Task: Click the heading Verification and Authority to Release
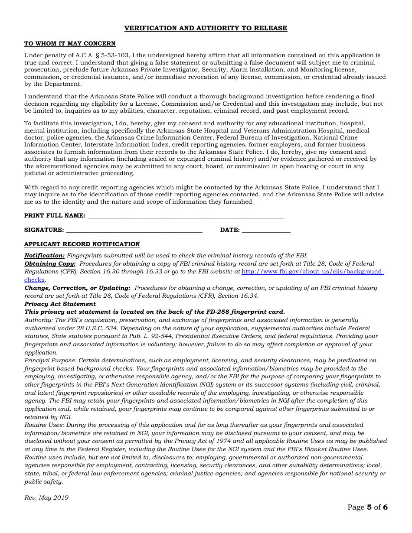[x=206, y=28]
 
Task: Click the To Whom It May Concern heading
[x=70, y=44]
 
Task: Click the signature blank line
[x=134, y=230]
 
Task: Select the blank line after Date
[x=266, y=230]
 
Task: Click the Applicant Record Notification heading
[x=82, y=244]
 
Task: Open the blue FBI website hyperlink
[x=312, y=272]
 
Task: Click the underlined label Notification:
[x=44, y=256]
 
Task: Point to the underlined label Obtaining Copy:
[x=50, y=263]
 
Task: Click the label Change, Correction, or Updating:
[x=77, y=288]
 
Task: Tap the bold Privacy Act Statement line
[x=60, y=304]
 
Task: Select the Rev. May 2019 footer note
[x=46, y=497]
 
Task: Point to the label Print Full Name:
[x=55, y=215]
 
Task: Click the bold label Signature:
[x=44, y=230]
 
